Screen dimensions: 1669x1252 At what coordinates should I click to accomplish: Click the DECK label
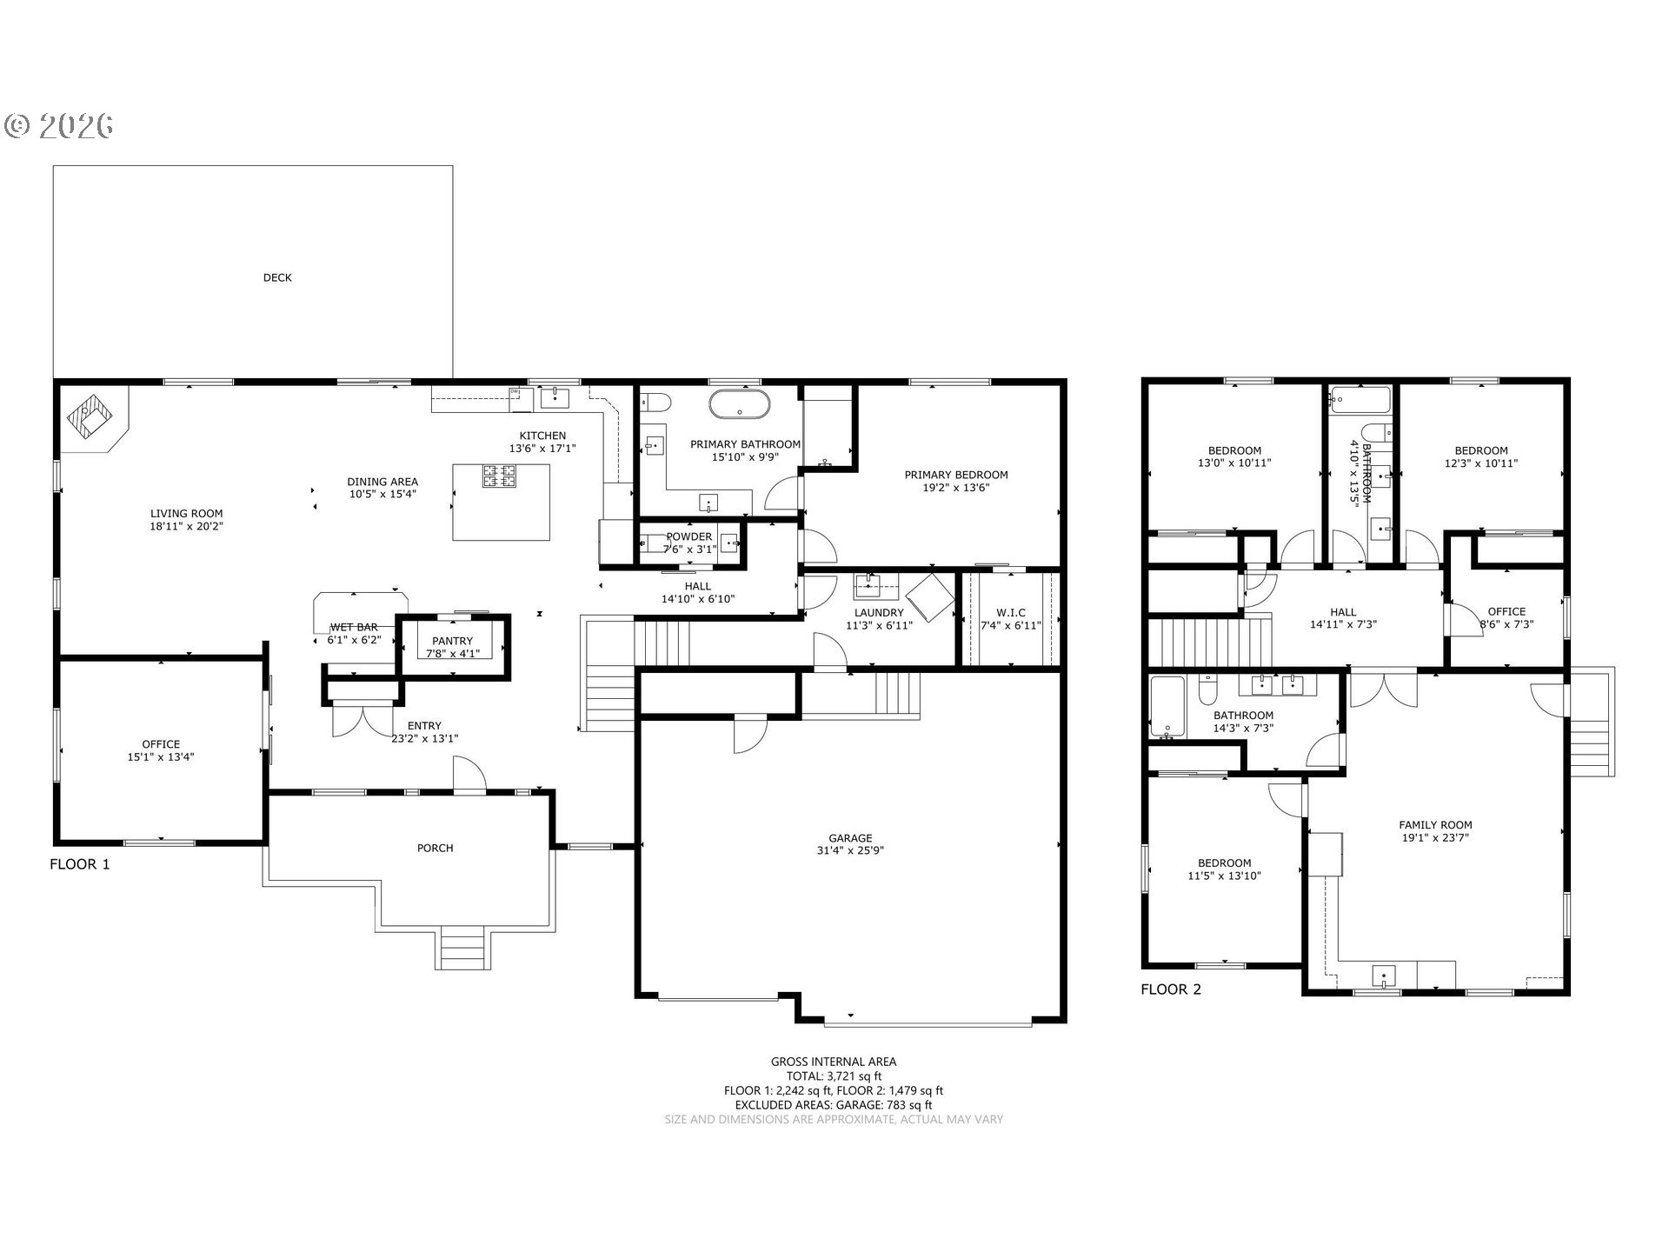[277, 278]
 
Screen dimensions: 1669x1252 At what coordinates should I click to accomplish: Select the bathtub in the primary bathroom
[739, 405]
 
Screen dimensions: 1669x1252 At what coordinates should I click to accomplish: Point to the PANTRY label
[452, 641]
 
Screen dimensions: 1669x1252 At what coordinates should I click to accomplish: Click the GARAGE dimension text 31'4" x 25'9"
[850, 851]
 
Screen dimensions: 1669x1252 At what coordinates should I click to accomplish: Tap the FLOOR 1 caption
[80, 864]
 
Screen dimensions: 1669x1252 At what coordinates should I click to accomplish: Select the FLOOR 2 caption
[1171, 989]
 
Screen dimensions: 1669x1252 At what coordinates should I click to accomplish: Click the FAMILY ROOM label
[1435, 825]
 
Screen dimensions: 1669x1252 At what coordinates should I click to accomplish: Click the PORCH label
[435, 849]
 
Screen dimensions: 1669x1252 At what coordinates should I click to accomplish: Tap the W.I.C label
[1011, 613]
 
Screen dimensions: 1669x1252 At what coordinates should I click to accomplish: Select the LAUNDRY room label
[879, 613]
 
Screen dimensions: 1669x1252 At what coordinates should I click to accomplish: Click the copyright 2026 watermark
[59, 127]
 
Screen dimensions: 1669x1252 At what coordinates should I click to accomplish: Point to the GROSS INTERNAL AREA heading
[834, 1062]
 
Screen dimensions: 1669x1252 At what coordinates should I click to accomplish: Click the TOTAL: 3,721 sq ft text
[834, 1076]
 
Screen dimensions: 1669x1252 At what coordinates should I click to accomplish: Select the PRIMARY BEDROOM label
[956, 475]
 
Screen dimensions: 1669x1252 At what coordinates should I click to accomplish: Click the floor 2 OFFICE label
[1506, 611]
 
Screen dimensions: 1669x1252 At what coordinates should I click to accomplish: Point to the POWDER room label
[689, 536]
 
